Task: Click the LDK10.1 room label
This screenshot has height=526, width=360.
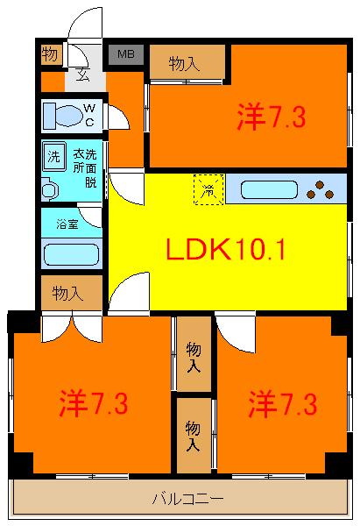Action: tap(226, 249)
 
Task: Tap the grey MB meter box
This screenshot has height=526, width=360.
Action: tap(126, 54)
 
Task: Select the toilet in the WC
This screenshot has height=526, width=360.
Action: tap(63, 116)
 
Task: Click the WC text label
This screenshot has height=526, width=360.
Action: tap(89, 115)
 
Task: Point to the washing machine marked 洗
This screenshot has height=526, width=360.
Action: tap(54, 156)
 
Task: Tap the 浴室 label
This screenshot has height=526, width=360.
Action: tap(67, 224)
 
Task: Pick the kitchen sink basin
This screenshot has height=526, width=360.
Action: tap(269, 190)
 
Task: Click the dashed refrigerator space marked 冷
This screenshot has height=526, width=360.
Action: tap(208, 189)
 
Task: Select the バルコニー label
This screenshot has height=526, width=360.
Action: tap(187, 499)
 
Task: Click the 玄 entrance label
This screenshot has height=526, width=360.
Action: tap(82, 75)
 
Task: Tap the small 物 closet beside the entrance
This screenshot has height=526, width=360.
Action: tap(52, 54)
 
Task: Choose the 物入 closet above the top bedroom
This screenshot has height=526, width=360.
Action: tap(187, 62)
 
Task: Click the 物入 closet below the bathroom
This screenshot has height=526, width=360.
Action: tap(72, 293)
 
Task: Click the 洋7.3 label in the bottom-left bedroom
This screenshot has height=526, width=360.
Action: tap(94, 403)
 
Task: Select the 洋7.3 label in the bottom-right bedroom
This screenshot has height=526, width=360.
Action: tap(283, 404)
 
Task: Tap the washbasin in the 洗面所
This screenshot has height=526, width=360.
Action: tap(49, 190)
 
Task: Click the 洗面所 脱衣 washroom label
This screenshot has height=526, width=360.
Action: tap(85, 168)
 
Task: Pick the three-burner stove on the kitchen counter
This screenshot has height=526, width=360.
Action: tap(321, 190)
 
